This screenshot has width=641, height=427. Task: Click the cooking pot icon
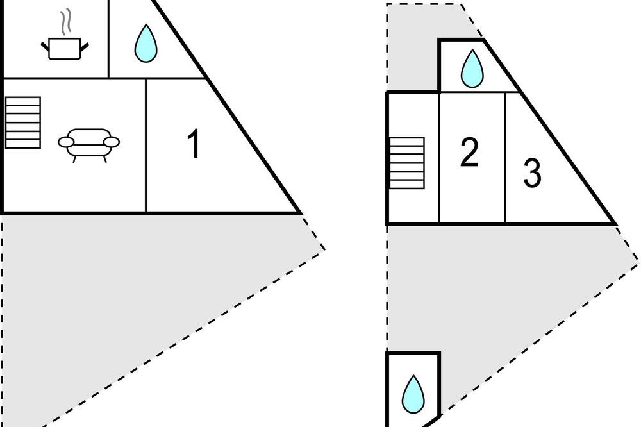(65, 48)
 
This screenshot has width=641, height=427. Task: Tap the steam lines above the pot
(65, 22)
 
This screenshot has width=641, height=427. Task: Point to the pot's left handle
(45, 46)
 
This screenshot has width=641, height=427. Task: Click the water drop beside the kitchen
(146, 44)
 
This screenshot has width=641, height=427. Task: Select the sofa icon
(88, 145)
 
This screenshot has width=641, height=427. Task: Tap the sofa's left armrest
(66, 142)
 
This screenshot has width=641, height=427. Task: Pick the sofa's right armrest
(111, 142)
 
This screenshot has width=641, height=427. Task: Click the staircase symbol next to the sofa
(23, 122)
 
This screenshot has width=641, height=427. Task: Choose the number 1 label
(194, 143)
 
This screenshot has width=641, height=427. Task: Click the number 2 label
(469, 153)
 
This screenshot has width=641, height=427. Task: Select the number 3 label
(532, 173)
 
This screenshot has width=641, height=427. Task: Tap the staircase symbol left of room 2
(407, 163)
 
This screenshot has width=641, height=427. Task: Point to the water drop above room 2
(472, 69)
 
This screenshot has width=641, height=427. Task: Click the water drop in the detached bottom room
(413, 394)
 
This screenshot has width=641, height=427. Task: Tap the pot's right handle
(85, 46)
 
